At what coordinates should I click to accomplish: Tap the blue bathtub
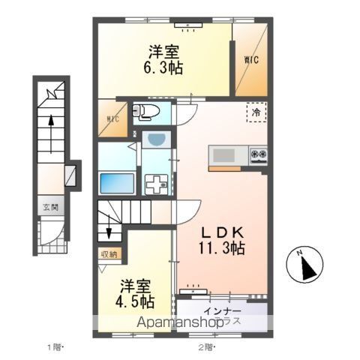117,182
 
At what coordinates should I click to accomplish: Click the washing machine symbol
157,183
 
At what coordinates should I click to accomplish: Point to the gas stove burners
259,155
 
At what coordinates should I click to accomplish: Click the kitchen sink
223,155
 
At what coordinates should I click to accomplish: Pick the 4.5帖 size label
136,301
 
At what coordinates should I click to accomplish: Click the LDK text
220,230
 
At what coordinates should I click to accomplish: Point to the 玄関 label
49,208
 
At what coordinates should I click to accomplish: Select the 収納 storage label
109,254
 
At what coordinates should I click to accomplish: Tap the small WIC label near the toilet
112,118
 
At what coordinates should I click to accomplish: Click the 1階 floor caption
55,346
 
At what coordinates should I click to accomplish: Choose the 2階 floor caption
205,346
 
